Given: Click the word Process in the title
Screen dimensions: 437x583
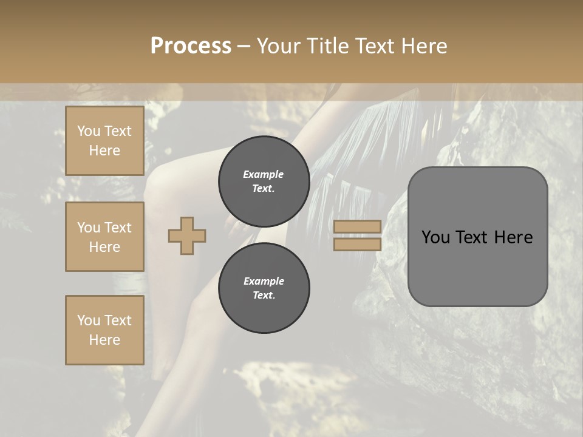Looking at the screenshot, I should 191,46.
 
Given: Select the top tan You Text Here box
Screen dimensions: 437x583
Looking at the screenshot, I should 104,141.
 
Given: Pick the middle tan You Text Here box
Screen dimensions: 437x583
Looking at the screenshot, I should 104,237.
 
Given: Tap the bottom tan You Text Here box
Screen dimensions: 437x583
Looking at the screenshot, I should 104,330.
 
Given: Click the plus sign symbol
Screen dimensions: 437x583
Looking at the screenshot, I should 187,236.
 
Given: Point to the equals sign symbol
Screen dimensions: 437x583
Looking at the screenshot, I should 357,235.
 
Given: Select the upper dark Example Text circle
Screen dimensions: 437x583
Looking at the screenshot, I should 264,181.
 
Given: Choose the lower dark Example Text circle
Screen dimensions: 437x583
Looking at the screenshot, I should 264,288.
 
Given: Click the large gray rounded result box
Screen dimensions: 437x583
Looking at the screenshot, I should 477,237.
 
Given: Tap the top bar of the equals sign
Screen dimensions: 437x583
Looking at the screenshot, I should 357,227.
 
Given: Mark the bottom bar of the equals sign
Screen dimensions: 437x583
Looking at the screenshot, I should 357,244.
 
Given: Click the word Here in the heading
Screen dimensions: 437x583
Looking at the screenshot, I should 425,46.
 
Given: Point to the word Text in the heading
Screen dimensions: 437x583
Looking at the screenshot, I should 376,46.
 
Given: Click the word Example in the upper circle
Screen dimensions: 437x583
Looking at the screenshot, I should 264,174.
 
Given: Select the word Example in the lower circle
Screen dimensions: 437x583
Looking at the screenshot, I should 264,281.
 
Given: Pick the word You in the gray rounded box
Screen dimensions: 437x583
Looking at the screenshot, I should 435,237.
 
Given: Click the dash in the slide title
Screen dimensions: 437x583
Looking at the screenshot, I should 244,46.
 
